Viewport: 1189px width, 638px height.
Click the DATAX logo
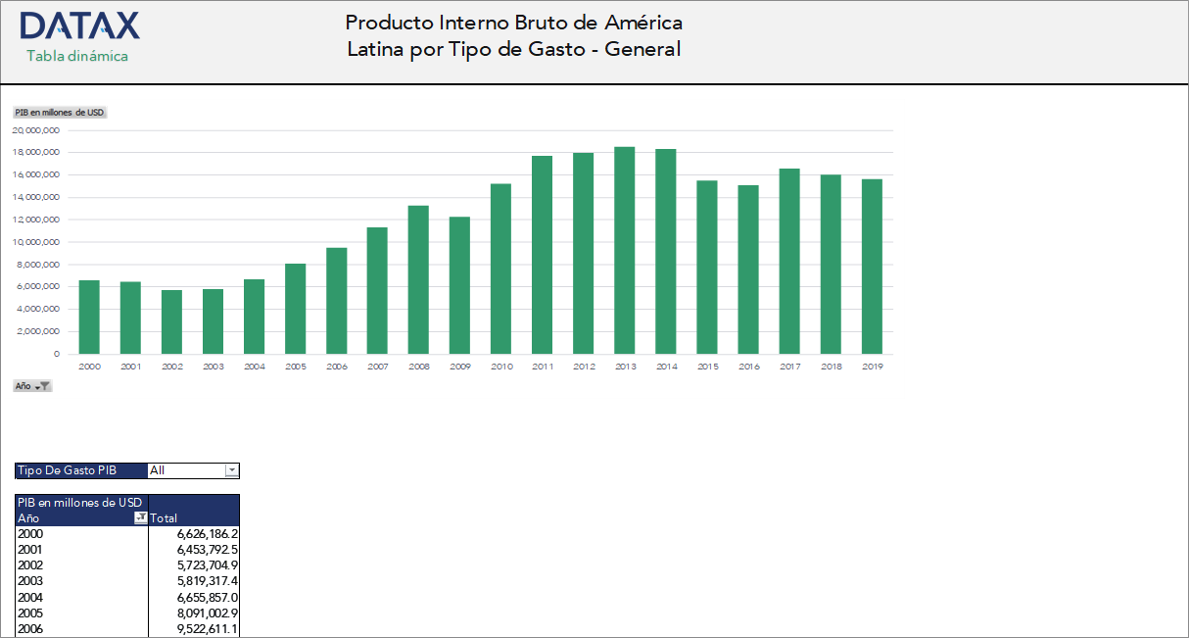click(79, 25)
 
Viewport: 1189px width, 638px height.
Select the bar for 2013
click(625, 250)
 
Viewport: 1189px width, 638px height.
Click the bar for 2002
click(171, 321)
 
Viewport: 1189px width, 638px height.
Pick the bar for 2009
click(459, 285)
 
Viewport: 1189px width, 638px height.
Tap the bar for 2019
click(872, 267)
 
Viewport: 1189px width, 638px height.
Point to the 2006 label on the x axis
click(337, 367)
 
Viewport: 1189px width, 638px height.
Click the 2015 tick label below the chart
click(707, 367)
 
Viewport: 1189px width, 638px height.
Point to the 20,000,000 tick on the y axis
click(36, 130)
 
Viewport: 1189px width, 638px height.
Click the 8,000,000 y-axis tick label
click(38, 265)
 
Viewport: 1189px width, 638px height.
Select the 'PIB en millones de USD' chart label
click(60, 113)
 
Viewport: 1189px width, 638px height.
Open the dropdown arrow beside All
click(232, 470)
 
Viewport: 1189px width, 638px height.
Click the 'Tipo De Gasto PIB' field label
click(67, 470)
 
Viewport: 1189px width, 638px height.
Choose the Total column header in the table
click(164, 517)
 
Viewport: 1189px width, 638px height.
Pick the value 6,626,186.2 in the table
click(208, 534)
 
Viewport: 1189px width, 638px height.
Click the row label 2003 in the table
click(30, 581)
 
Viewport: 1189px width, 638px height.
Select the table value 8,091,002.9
click(208, 613)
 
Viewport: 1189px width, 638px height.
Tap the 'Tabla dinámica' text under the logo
click(77, 56)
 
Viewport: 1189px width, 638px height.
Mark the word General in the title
click(642, 49)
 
